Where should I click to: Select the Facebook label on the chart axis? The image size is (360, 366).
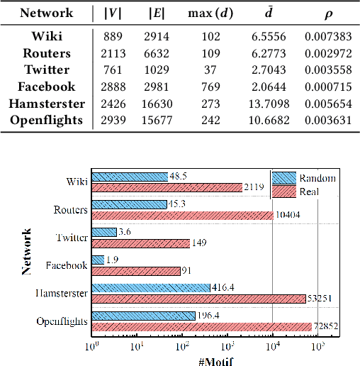(66, 265)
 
